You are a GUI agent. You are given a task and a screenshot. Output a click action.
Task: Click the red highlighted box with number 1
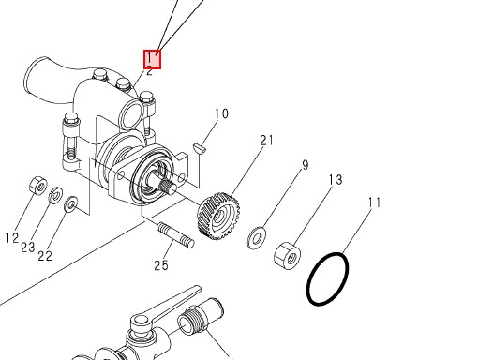152,59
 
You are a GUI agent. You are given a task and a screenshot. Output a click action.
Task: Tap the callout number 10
221,113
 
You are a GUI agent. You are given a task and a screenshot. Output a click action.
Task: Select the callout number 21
266,141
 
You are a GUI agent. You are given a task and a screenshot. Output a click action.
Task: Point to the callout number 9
305,165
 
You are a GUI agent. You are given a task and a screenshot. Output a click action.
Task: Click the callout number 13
336,180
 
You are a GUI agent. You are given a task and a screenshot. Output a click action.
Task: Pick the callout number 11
375,202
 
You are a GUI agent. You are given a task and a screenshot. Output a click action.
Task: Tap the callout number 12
12,238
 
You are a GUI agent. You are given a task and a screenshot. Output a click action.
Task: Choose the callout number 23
28,247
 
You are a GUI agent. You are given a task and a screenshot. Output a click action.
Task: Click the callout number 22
45,256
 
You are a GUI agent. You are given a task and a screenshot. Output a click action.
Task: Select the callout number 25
161,265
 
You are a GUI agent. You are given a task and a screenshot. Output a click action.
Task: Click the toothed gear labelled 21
218,216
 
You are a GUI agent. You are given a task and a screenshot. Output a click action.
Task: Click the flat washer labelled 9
257,238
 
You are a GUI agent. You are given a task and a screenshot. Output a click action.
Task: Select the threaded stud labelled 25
175,235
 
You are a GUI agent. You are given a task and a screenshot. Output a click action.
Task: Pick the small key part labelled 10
199,148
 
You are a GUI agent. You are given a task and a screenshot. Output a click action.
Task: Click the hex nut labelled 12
38,186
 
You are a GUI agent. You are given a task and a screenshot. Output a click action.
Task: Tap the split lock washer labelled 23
56,195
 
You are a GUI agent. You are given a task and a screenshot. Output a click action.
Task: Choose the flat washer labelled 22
71,204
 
